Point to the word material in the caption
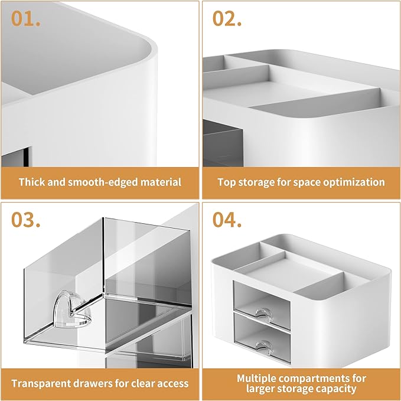click(x=159, y=181)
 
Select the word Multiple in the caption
click(x=258, y=378)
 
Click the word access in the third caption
click(x=172, y=383)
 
